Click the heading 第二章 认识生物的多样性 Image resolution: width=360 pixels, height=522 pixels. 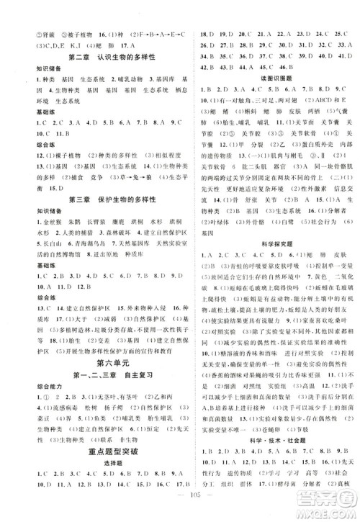(100, 58)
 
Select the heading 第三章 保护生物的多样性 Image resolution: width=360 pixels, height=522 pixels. (100, 199)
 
